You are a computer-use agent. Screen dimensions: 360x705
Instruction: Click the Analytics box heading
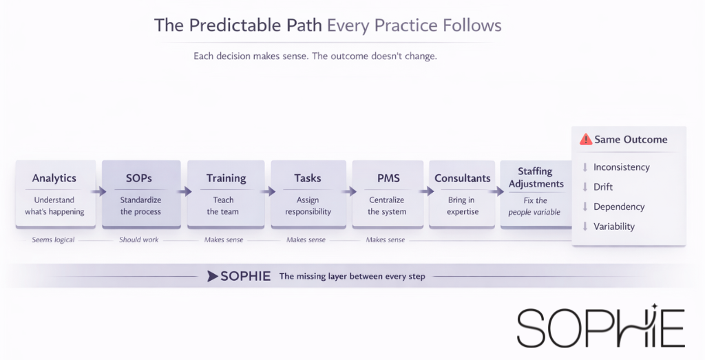54,178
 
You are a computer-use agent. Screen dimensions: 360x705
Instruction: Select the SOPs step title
139,178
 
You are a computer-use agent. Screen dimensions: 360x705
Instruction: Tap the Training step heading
226,178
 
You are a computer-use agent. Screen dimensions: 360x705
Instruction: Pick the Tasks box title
307,178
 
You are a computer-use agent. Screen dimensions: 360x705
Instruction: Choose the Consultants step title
462,178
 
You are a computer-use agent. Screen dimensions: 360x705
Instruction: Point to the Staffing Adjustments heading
535,178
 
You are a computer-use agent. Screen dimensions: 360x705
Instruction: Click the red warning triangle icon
586,139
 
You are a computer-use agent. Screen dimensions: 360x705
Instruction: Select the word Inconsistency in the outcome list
621,167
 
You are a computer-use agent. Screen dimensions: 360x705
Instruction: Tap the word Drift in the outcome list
602,187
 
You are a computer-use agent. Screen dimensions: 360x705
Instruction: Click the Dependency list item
619,207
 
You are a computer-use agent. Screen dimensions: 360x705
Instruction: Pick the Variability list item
613,226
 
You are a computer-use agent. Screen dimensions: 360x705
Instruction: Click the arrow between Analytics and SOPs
98,192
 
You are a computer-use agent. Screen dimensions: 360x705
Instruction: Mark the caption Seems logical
53,240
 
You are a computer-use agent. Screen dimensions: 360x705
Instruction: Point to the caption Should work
139,240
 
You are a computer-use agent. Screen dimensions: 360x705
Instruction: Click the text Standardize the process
140,206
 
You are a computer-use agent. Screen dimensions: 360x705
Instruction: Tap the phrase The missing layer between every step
352,276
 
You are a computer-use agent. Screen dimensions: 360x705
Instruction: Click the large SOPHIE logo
600,327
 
